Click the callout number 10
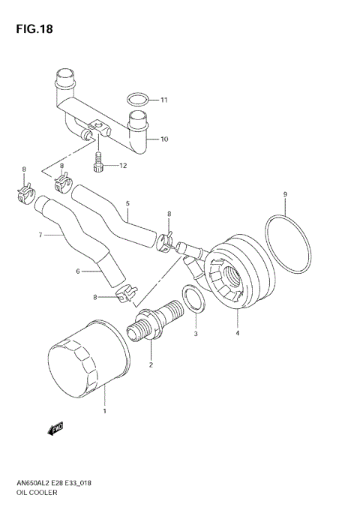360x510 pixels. click(163, 139)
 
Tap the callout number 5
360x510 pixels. click(127, 203)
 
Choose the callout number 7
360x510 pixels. click(40, 234)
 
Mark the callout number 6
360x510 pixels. click(76, 272)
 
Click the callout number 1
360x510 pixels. click(104, 411)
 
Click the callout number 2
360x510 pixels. click(151, 365)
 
